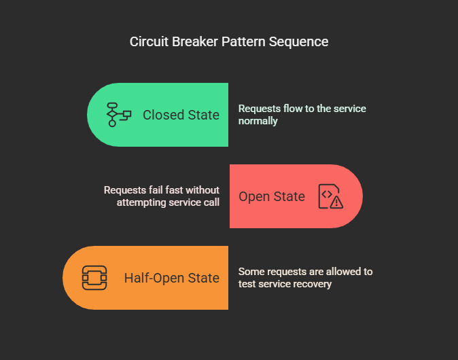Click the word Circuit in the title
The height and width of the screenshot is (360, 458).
coord(149,41)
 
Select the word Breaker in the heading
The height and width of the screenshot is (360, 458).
coord(195,41)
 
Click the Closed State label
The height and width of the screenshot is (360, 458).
coord(181,115)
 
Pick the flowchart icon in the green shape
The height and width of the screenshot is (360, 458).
coord(119,114)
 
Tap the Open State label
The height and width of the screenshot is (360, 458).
coord(272,196)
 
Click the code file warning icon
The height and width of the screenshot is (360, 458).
coord(331,196)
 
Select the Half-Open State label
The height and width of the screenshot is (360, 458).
coord(171,278)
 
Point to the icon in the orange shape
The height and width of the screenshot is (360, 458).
coord(94,278)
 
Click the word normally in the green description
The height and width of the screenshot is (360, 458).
coord(258,121)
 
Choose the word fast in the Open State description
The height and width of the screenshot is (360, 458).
coord(174,190)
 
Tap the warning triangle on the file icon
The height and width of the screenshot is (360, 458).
coord(337,202)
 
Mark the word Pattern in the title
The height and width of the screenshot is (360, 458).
coord(243,41)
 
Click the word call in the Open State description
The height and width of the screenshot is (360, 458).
coord(211,202)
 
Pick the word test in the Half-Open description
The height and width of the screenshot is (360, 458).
coord(247,284)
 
